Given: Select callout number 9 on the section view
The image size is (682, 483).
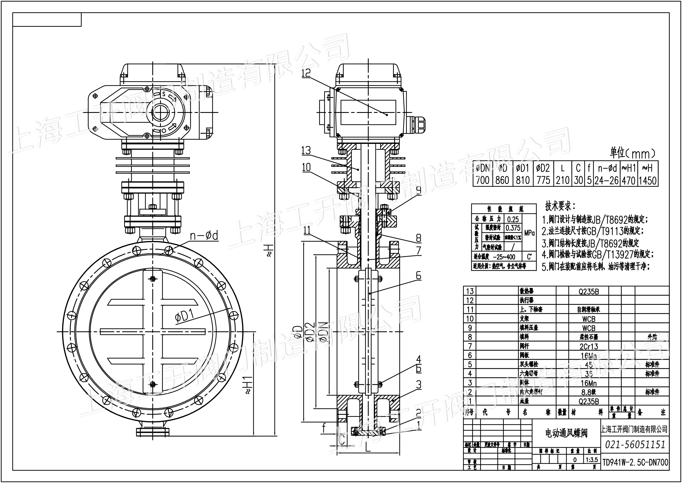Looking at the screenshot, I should pos(419,190).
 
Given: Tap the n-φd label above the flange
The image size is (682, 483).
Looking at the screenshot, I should pos(204,236).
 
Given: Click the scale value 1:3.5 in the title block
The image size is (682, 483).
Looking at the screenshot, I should pos(592,460).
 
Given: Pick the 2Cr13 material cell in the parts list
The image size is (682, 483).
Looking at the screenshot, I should pos(589,346).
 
